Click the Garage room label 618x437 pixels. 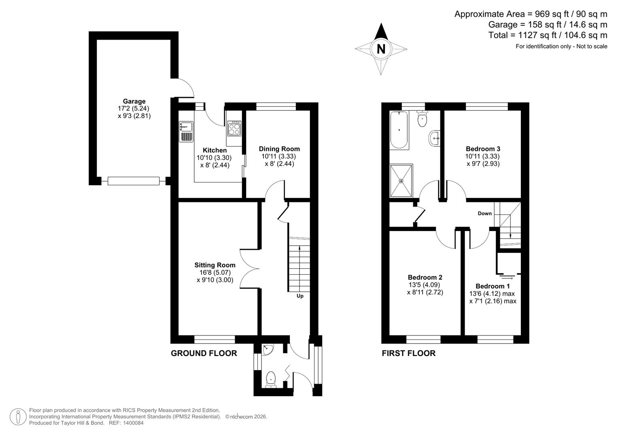click(134, 101)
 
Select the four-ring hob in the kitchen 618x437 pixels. click(234, 128)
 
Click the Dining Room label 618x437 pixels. click(279, 149)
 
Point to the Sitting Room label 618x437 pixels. click(215, 265)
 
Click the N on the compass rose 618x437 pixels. click(381, 49)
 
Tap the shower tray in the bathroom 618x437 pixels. click(401, 180)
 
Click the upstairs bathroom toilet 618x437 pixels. click(422, 119)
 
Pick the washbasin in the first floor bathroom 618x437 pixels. click(434, 138)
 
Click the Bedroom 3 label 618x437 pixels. click(483, 149)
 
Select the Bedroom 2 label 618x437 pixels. click(425, 277)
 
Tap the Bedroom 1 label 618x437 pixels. click(493, 286)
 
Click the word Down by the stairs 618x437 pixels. click(484, 213)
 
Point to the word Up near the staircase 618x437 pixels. click(300, 296)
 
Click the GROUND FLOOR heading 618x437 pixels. click(204, 353)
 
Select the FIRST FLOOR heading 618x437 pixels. click(408, 353)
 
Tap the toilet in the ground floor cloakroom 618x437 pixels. click(271, 380)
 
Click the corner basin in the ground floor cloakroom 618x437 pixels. click(268, 349)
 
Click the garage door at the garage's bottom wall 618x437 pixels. click(134, 181)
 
